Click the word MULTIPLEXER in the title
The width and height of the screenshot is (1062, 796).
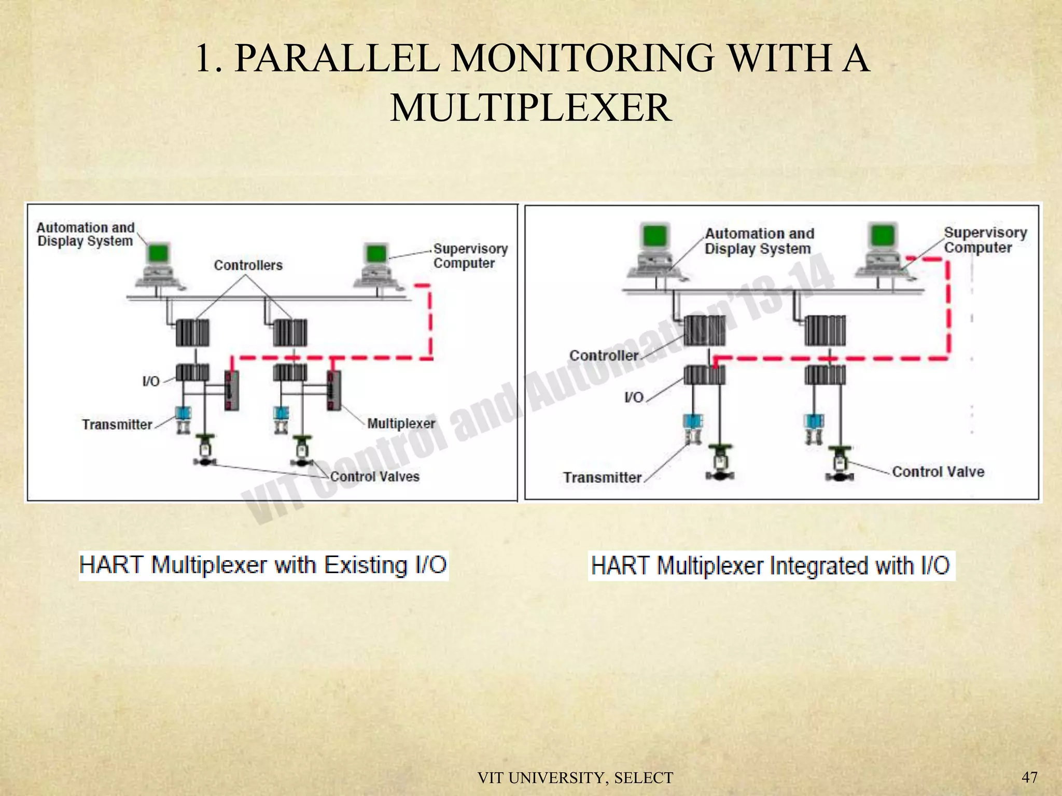tap(530, 107)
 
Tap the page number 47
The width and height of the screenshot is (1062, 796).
tap(1029, 777)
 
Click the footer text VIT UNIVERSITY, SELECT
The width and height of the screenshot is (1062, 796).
tap(575, 778)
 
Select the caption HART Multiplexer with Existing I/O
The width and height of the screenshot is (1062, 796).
tap(263, 565)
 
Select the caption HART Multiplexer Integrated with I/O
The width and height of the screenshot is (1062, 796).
tap(771, 565)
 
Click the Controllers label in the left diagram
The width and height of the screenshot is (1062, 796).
tap(248, 265)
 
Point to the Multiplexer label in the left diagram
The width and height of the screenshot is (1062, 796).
tap(401, 423)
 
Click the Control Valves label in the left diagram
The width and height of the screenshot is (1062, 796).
tap(374, 477)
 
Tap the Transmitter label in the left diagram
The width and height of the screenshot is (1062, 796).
tap(117, 424)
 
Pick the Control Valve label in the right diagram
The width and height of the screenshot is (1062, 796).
tap(938, 472)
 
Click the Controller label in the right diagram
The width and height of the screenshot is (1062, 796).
tap(604, 356)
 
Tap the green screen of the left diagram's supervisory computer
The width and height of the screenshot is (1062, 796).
tap(376, 253)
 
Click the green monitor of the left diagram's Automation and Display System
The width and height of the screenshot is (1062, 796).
tap(158, 253)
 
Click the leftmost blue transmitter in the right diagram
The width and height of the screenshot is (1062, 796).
tap(692, 421)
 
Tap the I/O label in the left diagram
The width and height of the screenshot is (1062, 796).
tap(151, 381)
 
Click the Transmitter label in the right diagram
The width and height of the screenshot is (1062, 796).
tap(602, 477)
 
